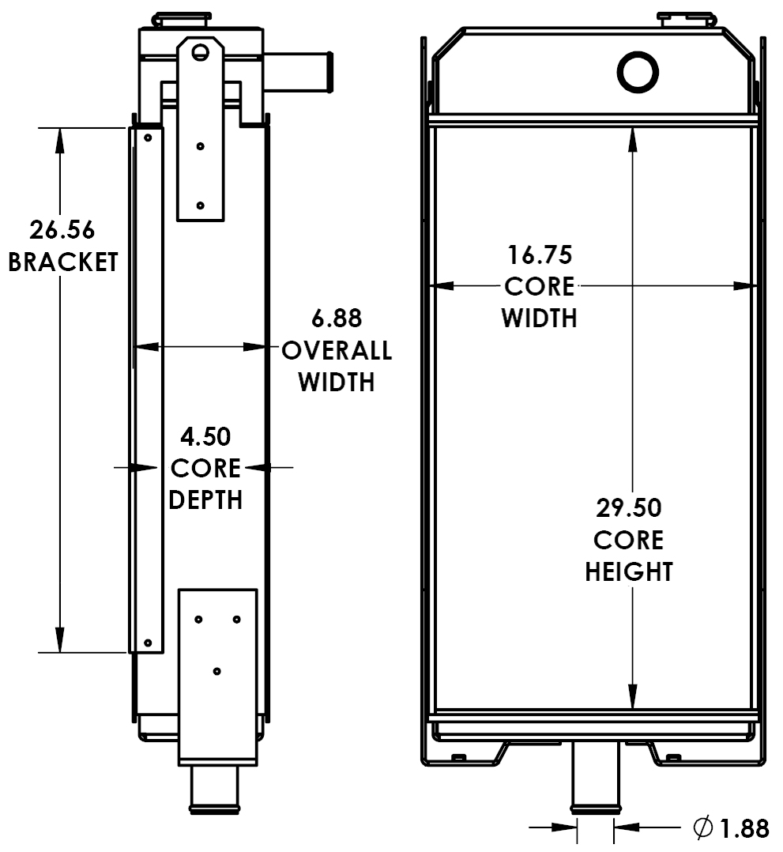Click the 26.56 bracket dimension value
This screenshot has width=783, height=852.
click(62, 230)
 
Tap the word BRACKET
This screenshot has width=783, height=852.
click(62, 262)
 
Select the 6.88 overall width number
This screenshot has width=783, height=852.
click(337, 319)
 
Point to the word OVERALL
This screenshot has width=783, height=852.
click(337, 350)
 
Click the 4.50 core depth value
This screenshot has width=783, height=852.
click(205, 436)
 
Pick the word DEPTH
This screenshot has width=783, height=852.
click(205, 500)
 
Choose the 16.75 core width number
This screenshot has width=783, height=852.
click(539, 255)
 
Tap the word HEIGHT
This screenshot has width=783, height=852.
click(628, 571)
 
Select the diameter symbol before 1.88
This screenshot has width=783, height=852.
click(702, 828)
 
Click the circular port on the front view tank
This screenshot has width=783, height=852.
click(638, 73)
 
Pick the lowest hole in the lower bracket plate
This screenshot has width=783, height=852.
click(216, 671)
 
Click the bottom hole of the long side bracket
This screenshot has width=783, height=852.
click(147, 643)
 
